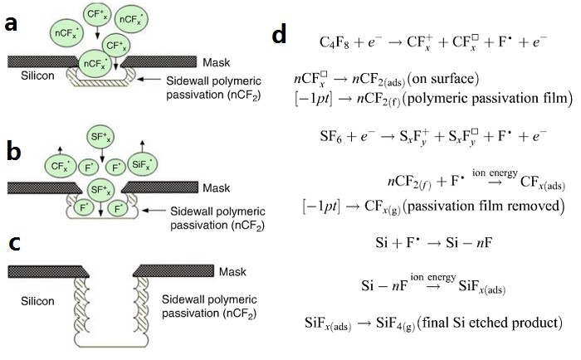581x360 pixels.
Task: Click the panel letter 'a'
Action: pyautogui.click(x=11, y=24)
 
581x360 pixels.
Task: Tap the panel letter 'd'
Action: pyautogui.click(x=279, y=36)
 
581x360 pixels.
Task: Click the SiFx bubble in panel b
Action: pyautogui.click(x=142, y=164)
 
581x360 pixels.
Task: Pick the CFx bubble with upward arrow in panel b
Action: pyautogui.click(x=60, y=166)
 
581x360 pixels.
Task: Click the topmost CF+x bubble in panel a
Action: pyautogui.click(x=97, y=14)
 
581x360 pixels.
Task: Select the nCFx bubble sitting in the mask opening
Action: pyautogui.click(x=95, y=64)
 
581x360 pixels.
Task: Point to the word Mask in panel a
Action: pyautogui.click(x=217, y=62)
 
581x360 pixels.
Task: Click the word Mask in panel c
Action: pyautogui.click(x=232, y=272)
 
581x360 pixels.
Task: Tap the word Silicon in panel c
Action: pyautogui.click(x=37, y=301)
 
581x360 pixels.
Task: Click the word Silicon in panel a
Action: pyautogui.click(x=37, y=75)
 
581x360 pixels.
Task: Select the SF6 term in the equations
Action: pyautogui.click(x=331, y=137)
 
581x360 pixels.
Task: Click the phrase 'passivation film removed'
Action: pyautogui.click(x=484, y=206)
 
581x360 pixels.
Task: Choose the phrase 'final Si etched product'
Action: pyautogui.click(x=491, y=323)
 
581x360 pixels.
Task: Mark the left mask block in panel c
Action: pyautogui.click(x=48, y=271)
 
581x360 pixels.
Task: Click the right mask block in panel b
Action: pyautogui.click(x=159, y=187)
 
